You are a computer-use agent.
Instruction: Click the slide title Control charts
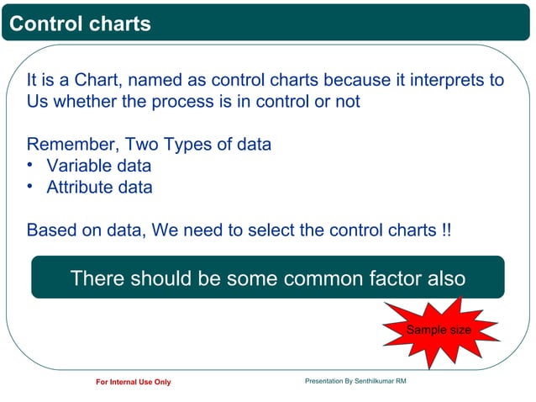[80, 24]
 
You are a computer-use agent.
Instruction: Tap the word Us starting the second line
[38, 102]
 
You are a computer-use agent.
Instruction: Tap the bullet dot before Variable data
[30, 165]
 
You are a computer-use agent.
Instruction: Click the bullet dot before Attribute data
[30, 187]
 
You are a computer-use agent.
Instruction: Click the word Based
[50, 230]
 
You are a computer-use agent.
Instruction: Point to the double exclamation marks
[445, 230]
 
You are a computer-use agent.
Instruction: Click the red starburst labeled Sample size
[438, 331]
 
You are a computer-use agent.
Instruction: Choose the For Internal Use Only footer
[133, 383]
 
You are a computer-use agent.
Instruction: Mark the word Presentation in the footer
[324, 382]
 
